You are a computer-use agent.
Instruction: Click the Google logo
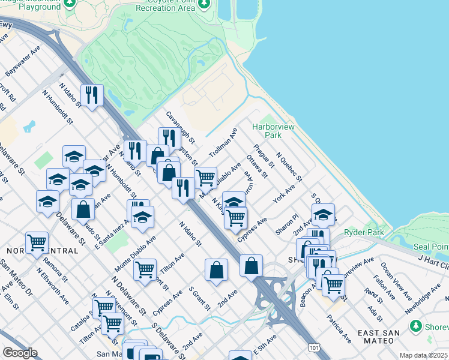(x=20, y=353)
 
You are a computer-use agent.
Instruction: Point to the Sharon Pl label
(x=287, y=225)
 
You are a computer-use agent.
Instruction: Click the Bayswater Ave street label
(x=23, y=61)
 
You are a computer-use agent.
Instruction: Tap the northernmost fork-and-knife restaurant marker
(x=92, y=95)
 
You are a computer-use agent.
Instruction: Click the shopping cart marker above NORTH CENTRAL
(x=37, y=243)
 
